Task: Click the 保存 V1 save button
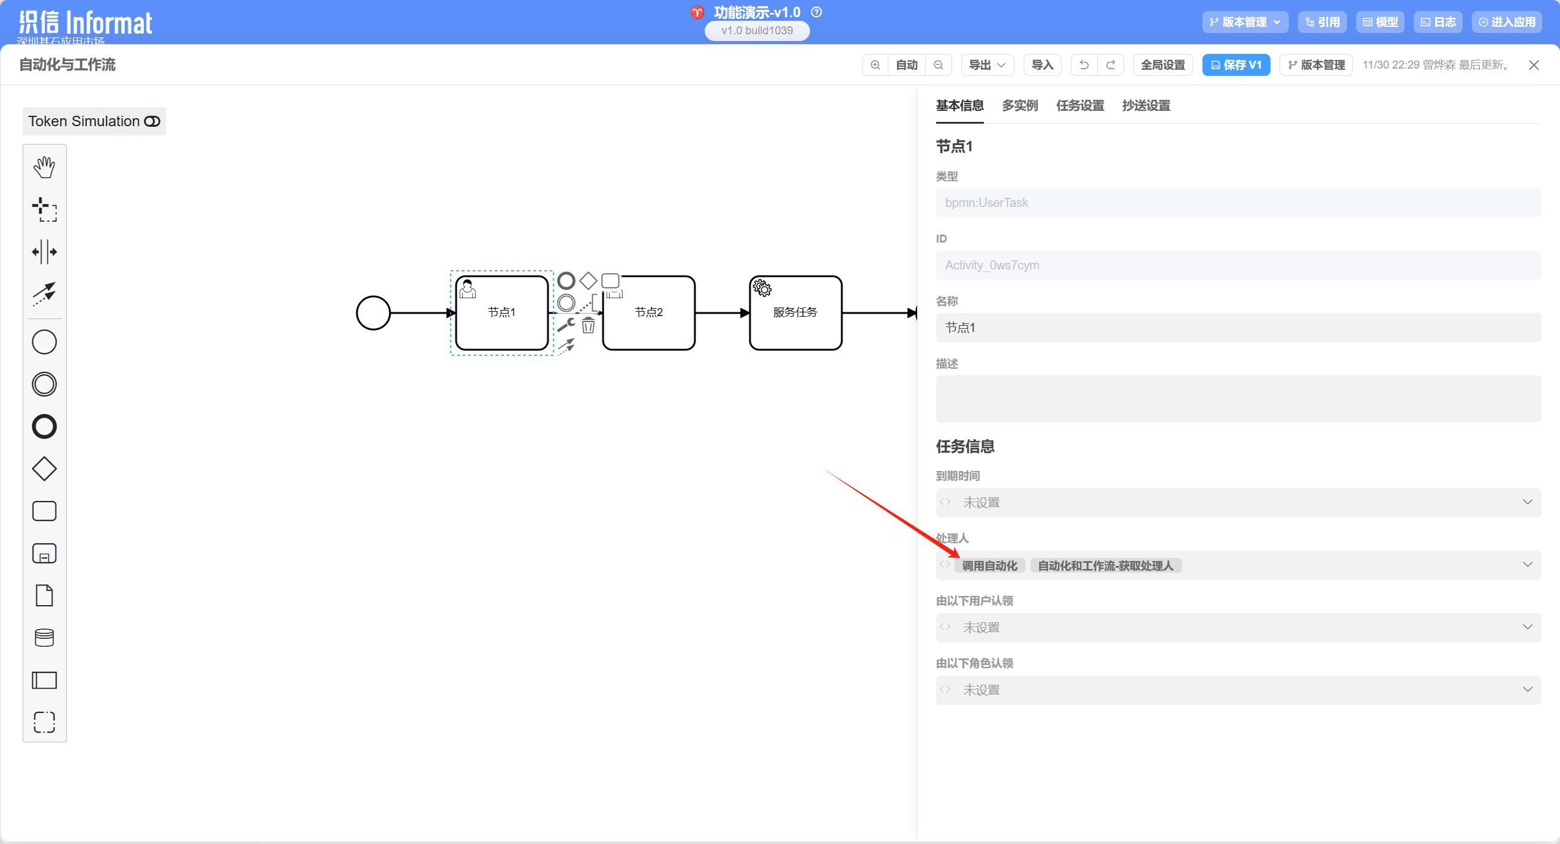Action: [1236, 65]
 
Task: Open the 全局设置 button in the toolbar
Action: [1163, 65]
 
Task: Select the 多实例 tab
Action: [1019, 106]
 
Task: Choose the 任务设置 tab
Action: [1080, 106]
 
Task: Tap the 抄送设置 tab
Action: [1146, 106]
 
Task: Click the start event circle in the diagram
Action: [373, 313]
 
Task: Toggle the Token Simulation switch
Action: [152, 121]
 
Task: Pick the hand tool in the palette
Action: [44, 167]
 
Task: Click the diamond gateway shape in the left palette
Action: [44, 469]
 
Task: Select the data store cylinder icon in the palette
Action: [44, 638]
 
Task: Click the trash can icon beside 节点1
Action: [588, 325]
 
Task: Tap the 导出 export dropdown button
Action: [987, 65]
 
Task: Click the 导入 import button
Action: [1042, 65]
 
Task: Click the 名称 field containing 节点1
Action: [1238, 328]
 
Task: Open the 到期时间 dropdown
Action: [1238, 503]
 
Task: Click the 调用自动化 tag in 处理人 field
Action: [989, 566]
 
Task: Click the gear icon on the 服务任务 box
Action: [762, 288]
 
